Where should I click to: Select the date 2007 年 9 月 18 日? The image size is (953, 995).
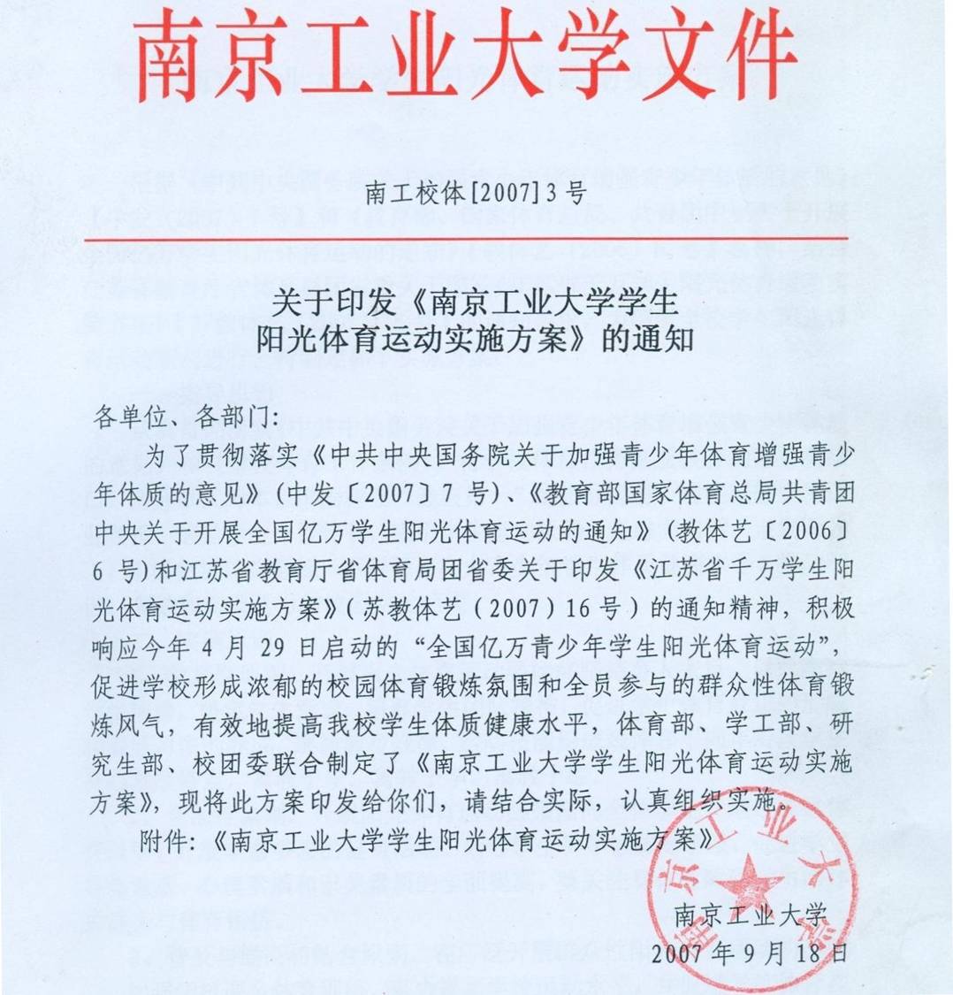coord(748,954)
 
